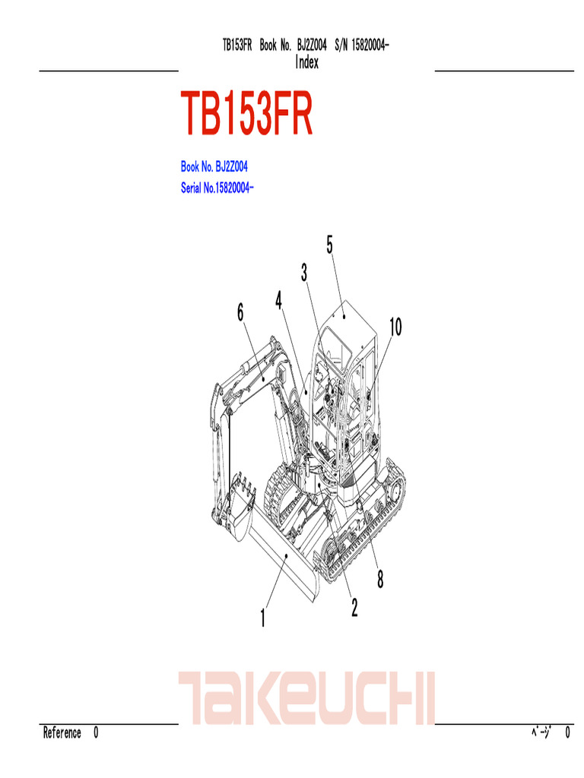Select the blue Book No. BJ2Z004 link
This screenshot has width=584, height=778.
(214, 166)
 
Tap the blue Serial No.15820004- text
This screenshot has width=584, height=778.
(217, 188)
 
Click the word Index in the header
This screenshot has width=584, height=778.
(306, 63)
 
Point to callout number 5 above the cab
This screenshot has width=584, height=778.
(330, 245)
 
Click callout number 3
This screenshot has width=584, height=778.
(303, 272)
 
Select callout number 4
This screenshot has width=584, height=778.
(280, 300)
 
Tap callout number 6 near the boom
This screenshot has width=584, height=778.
(240, 312)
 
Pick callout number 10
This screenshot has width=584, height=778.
(395, 327)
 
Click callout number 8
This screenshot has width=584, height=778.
(379, 580)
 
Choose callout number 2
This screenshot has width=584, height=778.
(354, 607)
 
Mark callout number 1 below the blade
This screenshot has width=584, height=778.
(263, 618)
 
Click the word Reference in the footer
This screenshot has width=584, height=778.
(62, 733)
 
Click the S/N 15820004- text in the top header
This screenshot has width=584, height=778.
(362, 46)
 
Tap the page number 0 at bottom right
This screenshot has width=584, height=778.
(568, 733)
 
